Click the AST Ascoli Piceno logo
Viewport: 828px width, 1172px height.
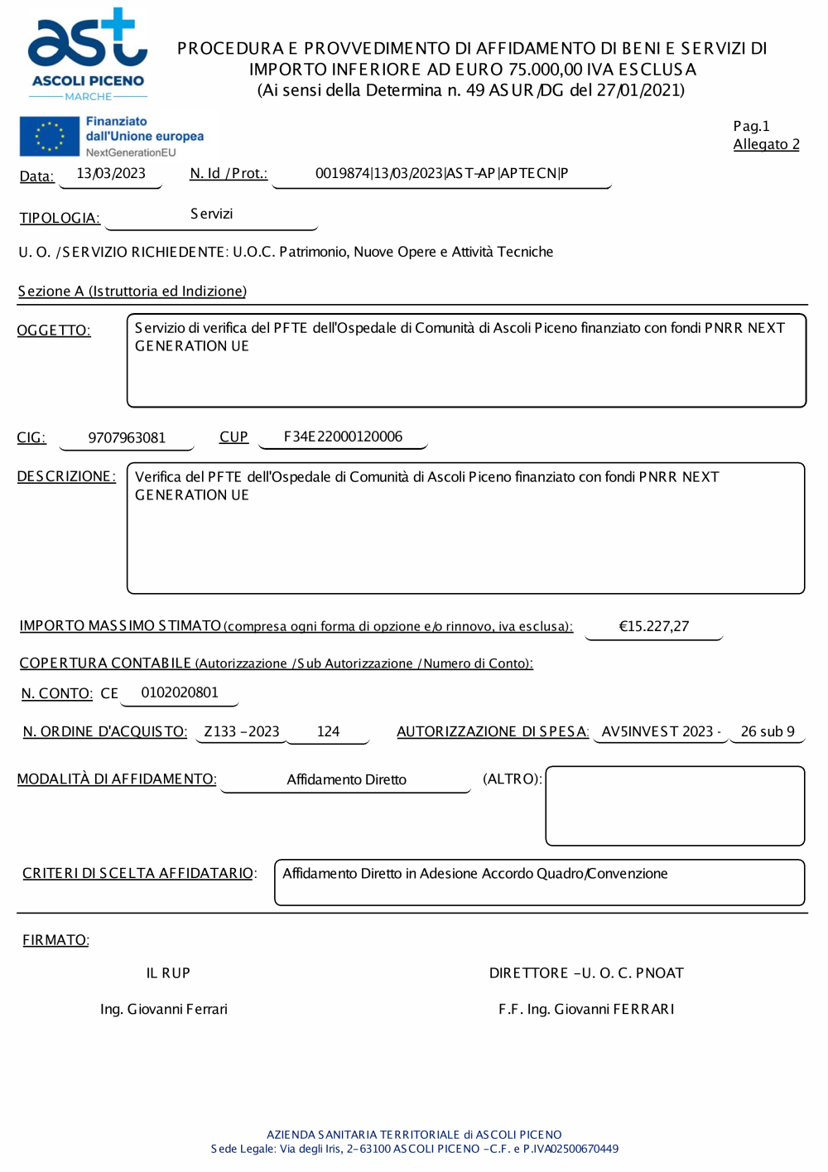[87, 55]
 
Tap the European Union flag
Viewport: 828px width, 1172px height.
[50, 137]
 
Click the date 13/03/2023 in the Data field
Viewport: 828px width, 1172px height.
[111, 174]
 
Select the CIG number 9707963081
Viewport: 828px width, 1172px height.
[127, 437]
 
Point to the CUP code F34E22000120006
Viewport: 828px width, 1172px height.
[343, 436]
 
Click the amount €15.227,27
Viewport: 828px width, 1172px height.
[653, 626]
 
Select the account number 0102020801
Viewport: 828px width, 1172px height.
[180, 692]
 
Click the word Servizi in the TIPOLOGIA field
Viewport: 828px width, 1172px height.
[211, 214]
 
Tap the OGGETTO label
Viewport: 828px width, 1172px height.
[54, 330]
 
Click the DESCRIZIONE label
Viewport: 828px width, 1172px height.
[66, 476]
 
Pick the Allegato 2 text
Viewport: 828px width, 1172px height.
[766, 144]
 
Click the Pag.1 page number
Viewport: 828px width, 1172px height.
[751, 126]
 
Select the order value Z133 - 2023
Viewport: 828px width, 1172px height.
[242, 731]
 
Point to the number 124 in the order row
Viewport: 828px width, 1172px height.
[328, 731]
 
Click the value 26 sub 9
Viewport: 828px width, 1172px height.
[767, 731]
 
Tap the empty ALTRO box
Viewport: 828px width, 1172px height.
[675, 805]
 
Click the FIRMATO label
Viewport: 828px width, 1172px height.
[55, 940]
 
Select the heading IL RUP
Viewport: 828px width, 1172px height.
[168, 973]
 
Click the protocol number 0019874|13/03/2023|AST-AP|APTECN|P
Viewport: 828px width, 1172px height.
[441, 173]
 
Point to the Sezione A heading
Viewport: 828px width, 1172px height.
[132, 292]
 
